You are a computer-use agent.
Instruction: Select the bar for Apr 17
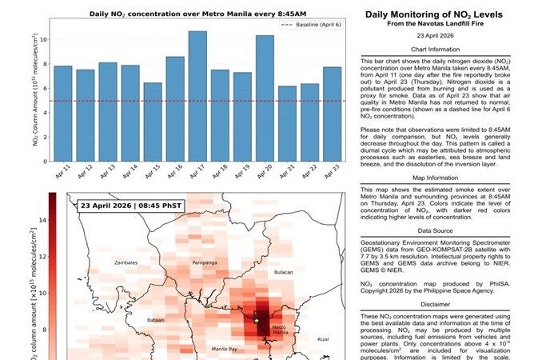point(197,95)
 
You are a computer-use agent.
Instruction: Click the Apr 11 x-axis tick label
point(62,170)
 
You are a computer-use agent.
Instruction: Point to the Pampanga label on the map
point(205,262)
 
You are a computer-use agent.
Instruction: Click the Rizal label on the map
point(323,339)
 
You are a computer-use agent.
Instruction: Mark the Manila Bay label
point(225,350)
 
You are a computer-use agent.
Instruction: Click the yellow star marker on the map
point(257,321)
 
